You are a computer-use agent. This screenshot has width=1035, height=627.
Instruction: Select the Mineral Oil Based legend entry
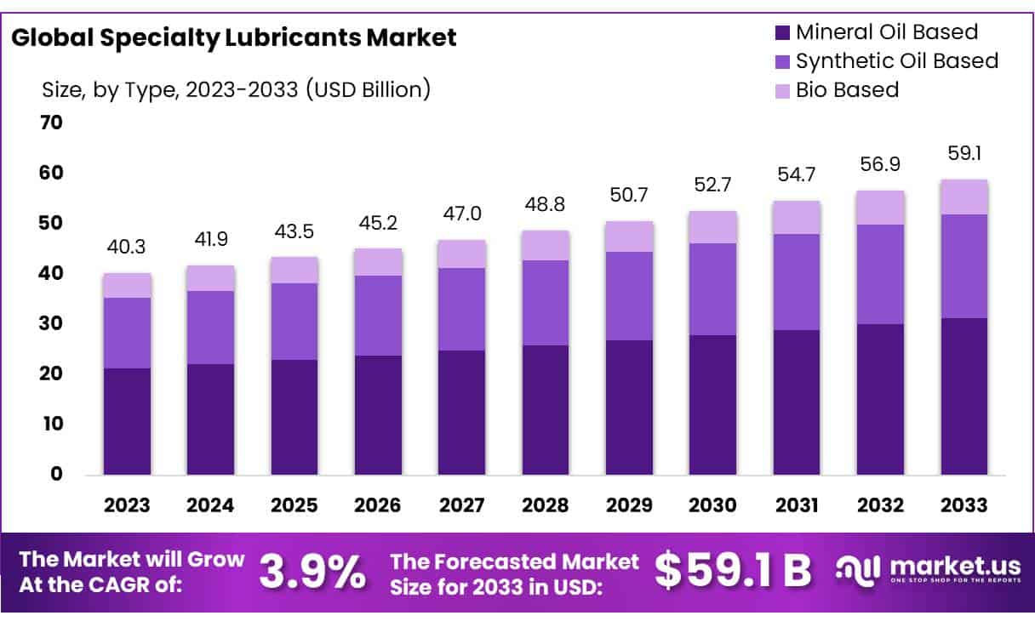coord(886,33)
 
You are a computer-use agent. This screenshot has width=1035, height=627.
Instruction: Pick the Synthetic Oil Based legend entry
coord(896,61)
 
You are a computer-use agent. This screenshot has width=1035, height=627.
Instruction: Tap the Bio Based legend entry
coord(847,89)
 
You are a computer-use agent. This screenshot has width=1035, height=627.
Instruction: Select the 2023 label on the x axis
coord(126,505)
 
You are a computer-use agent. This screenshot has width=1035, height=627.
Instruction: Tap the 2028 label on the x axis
coord(546,505)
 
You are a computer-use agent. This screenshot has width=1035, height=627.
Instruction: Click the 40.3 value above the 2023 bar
coord(127,248)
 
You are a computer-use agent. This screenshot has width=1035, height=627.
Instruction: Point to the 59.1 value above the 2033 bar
coord(964,154)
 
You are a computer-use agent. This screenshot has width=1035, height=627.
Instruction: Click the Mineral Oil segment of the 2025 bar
coord(294,417)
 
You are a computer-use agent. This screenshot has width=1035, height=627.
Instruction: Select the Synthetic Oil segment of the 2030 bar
coord(713,289)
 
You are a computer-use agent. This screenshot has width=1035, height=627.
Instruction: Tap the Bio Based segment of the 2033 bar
coord(964,197)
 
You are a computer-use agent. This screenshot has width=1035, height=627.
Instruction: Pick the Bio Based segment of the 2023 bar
coord(127,286)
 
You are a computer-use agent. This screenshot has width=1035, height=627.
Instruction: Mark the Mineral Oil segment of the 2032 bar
coord(881,399)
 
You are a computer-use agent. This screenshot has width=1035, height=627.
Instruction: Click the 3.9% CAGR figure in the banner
coord(312,572)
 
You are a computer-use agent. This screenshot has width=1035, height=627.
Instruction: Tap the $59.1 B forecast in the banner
coord(733,572)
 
